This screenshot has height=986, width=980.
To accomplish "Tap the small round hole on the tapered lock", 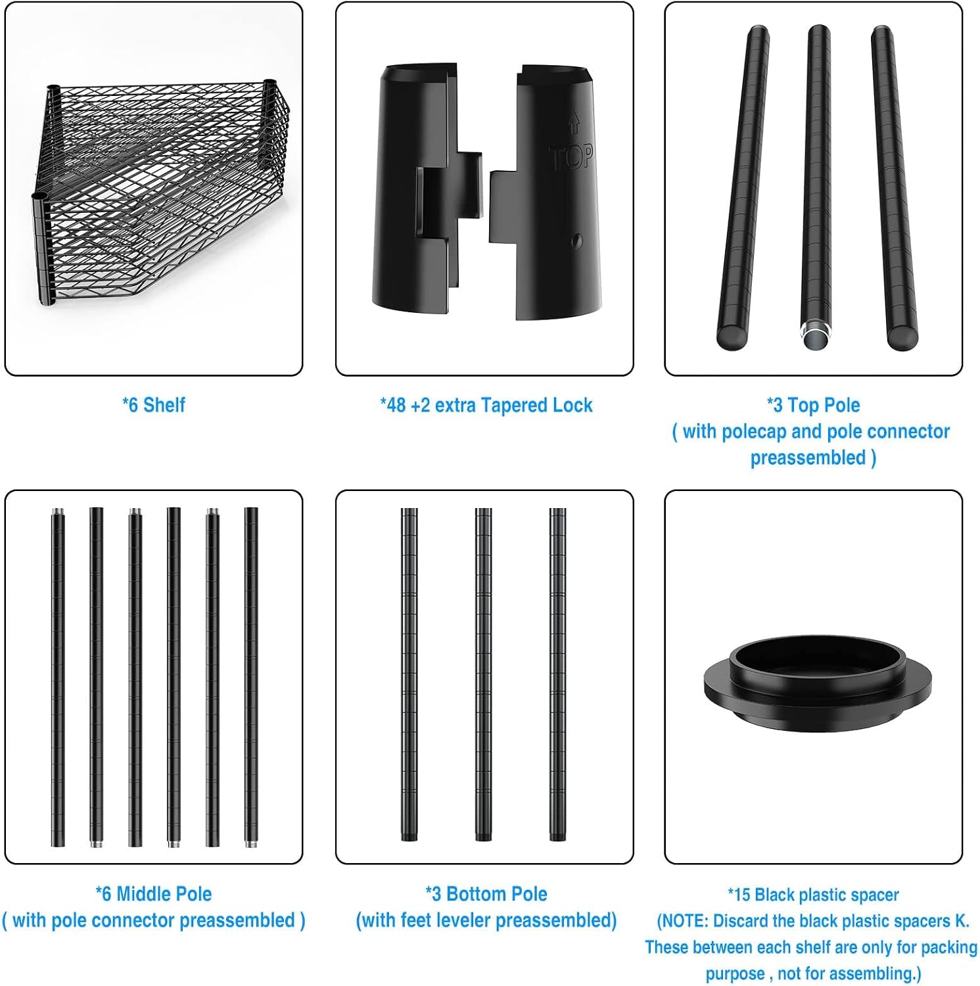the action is coord(576,241).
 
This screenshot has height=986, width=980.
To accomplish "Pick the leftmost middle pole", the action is coord(58,677).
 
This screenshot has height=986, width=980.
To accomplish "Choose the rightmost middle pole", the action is coord(251,677).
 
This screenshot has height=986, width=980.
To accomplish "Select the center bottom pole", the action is coord(483,674).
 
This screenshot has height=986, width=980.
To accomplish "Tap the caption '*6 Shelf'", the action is coord(154,405).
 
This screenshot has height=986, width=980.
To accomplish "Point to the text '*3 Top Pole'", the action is coord(813,405).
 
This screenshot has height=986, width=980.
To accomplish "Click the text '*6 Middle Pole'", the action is coord(154,894).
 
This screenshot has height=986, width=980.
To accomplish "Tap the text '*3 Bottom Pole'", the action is coord(486,894).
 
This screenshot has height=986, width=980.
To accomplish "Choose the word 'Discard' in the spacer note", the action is coord(739,921).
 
